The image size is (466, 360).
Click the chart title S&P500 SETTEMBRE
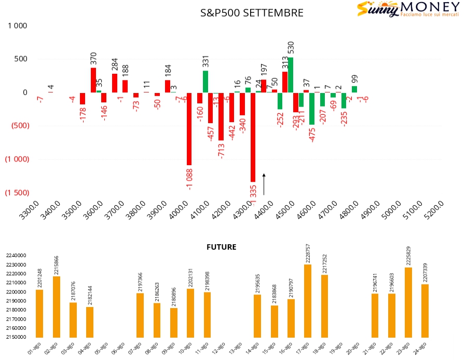(x=252, y=13)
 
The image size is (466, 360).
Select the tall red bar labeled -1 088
(x=189, y=129)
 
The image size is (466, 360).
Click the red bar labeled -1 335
(x=253, y=137)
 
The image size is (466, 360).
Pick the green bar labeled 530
(x=290, y=75)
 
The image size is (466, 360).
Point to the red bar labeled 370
(x=93, y=80)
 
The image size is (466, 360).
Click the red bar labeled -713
(x=221, y=116)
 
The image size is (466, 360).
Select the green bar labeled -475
(x=312, y=109)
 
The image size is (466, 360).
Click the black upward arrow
(x=264, y=184)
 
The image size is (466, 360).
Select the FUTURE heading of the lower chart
(x=222, y=247)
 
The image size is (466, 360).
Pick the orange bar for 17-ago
(x=308, y=301)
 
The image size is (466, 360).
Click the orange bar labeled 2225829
(x=408, y=302)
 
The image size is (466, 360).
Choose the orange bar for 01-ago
(x=39, y=314)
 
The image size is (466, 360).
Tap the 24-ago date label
(x=422, y=348)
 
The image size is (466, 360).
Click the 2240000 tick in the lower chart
(x=17, y=256)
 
